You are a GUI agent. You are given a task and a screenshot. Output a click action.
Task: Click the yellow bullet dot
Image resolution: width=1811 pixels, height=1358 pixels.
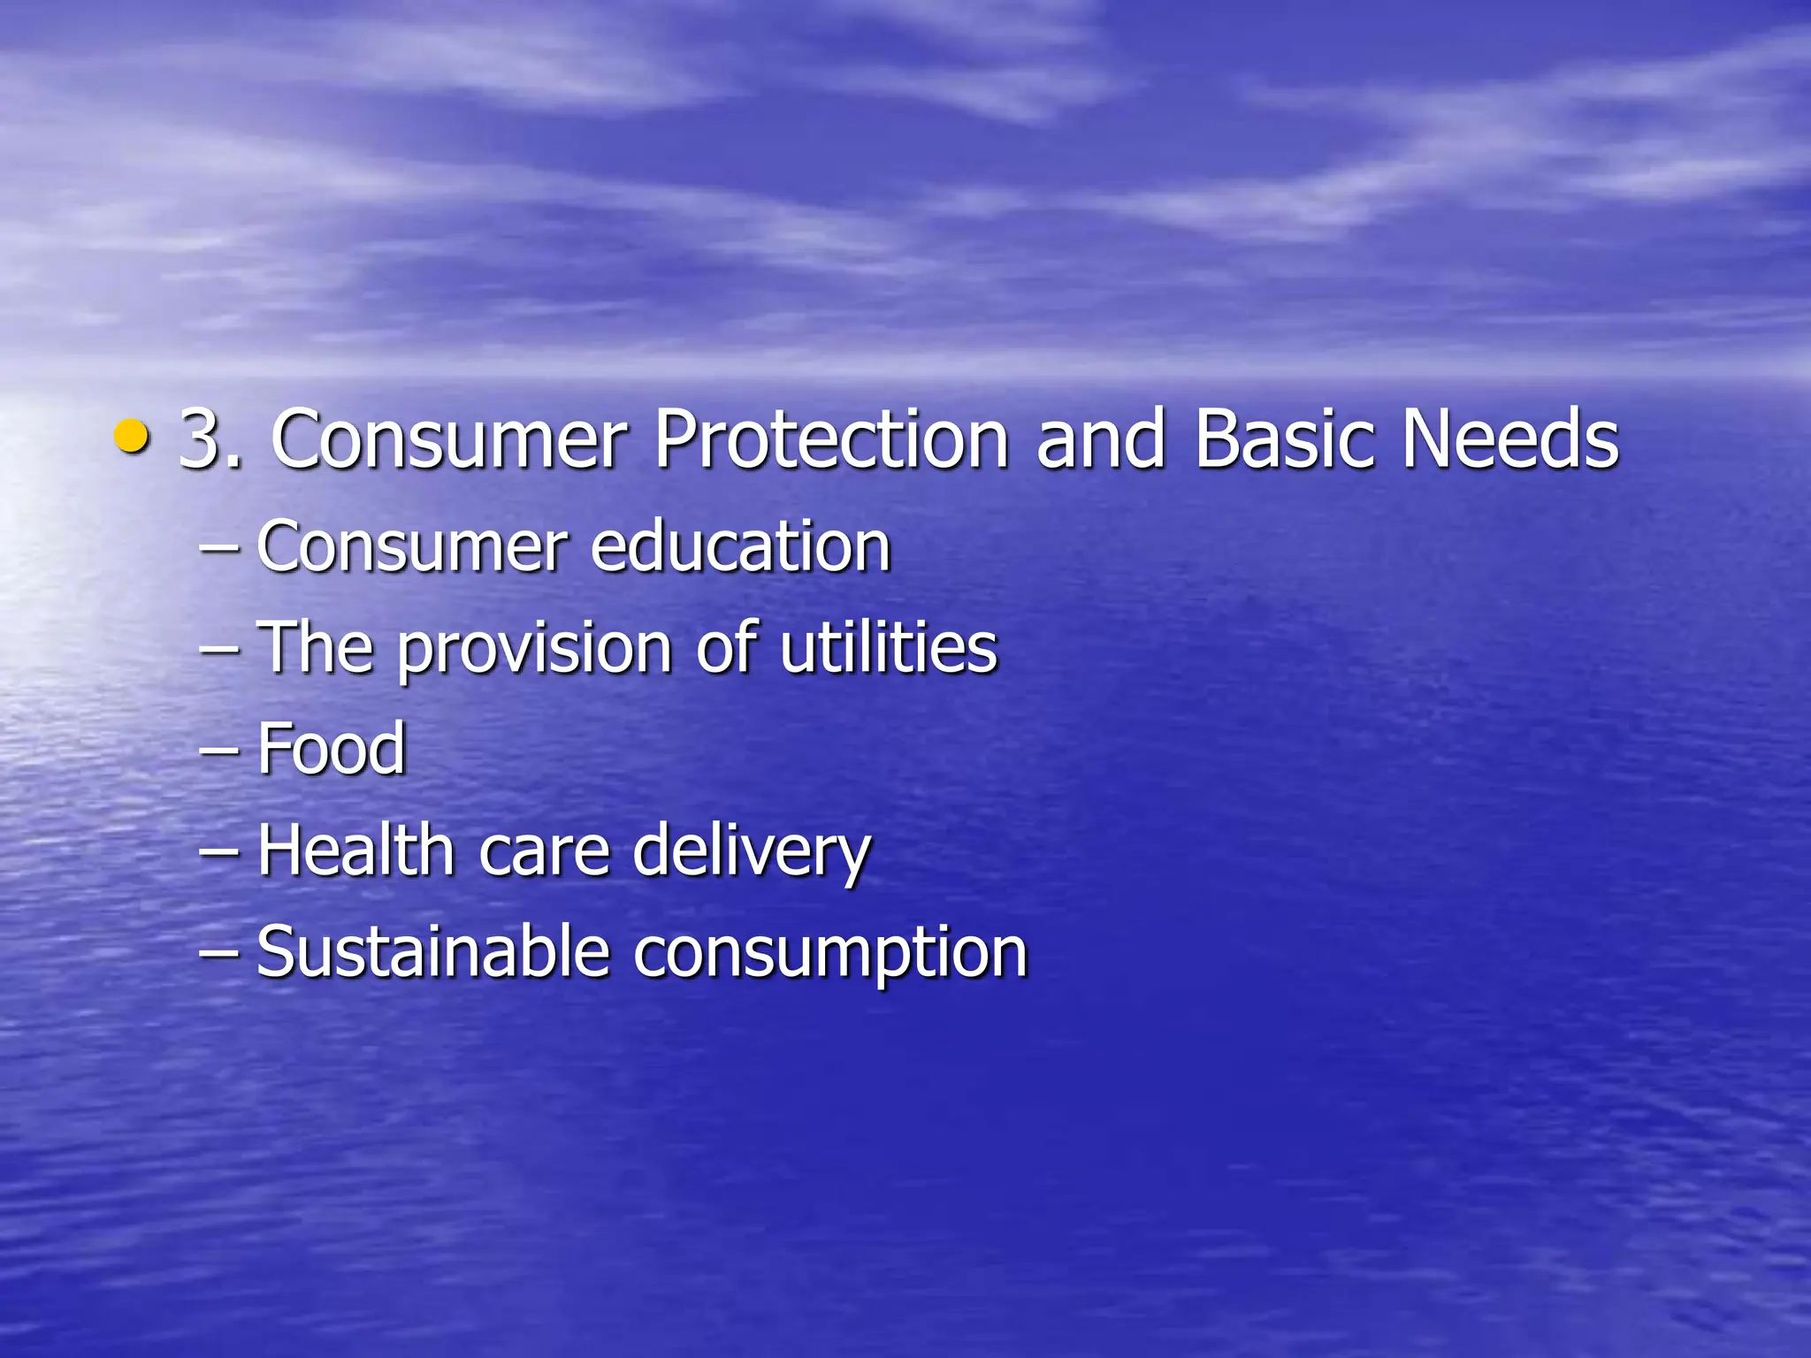pyautogui.click(x=132, y=436)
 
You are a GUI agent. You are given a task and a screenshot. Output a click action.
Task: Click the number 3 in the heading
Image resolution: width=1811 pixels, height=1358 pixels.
pyautogui.click(x=201, y=439)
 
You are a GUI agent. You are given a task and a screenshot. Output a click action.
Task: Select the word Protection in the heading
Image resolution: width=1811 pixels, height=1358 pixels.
pyautogui.click(x=831, y=439)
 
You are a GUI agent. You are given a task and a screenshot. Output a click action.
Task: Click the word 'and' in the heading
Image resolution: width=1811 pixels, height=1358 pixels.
pyautogui.click(x=1101, y=439)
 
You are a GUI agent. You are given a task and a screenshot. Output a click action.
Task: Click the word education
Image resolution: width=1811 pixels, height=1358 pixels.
pyautogui.click(x=740, y=546)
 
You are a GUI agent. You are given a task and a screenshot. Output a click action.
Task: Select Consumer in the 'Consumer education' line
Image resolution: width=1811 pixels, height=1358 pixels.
pyautogui.click(x=412, y=546)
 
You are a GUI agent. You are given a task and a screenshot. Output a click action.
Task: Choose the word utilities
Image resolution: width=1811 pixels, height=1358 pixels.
pyautogui.click(x=888, y=647)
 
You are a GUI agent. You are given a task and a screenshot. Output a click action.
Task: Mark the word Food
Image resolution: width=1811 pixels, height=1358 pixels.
pyautogui.click(x=332, y=749)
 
